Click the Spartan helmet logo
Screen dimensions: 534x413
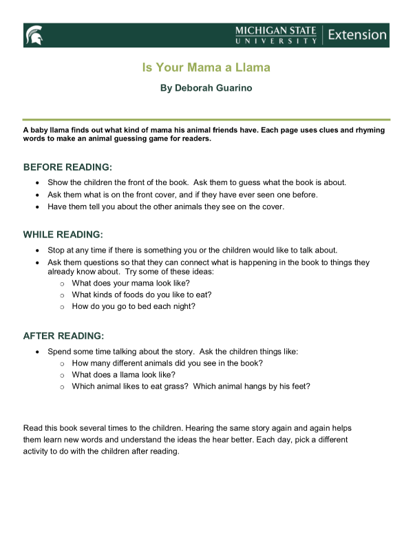(x=33, y=35)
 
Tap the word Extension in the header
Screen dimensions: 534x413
(x=357, y=34)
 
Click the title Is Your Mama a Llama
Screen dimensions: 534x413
(x=206, y=67)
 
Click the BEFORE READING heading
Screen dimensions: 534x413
(x=67, y=167)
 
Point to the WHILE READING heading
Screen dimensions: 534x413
(x=64, y=234)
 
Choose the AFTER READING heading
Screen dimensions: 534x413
(x=63, y=336)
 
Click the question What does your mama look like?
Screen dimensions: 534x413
(x=131, y=283)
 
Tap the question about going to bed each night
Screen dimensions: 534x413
(x=134, y=306)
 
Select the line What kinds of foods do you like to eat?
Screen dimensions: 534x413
(x=141, y=295)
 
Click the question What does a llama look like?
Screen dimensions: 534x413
(x=123, y=374)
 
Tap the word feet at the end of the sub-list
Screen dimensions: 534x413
(x=301, y=386)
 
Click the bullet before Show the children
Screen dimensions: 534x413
(x=37, y=183)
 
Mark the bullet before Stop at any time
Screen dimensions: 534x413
(x=37, y=250)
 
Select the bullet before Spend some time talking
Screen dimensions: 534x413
(x=37, y=352)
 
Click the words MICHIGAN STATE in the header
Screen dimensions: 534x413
(x=275, y=30)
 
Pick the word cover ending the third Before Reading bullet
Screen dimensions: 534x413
(x=273, y=206)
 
